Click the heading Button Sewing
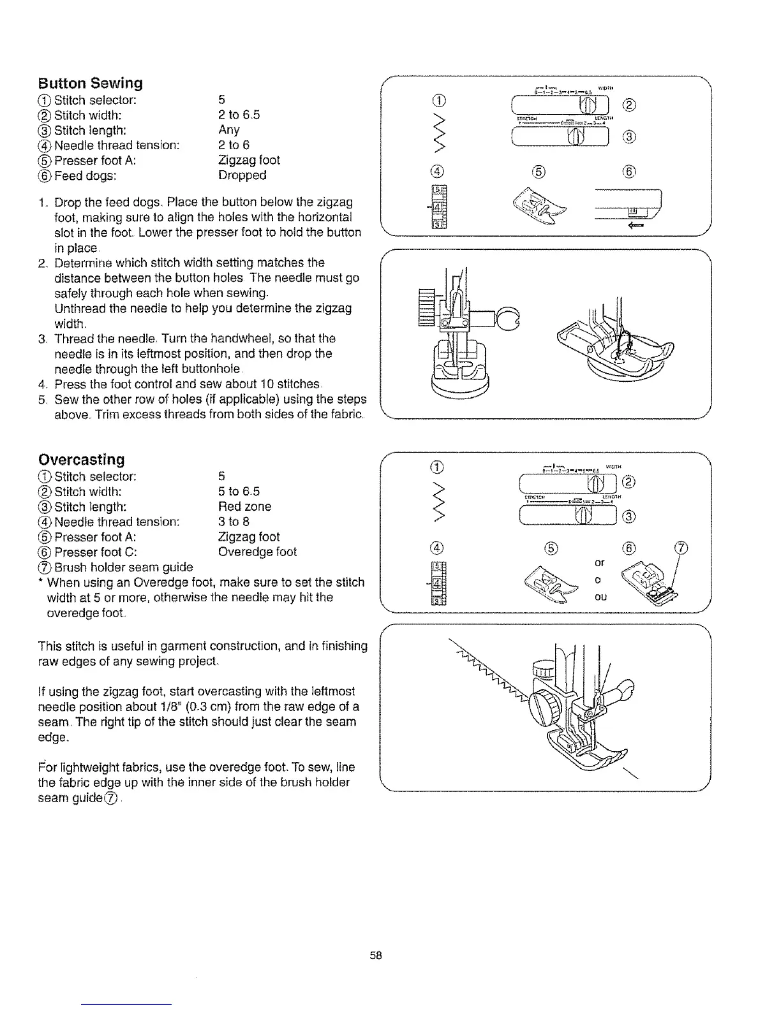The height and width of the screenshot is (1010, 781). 90,84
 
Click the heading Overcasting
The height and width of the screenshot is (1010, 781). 82,460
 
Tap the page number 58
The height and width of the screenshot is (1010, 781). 375,955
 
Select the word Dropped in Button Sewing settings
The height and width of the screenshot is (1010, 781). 242,175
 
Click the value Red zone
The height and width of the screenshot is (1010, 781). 244,507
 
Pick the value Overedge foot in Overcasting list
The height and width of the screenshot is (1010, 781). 257,552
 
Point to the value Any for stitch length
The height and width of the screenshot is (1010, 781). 229,130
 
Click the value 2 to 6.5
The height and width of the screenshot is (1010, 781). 239,115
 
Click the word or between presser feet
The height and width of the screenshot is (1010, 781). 599,563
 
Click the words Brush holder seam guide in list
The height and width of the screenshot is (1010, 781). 124,567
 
